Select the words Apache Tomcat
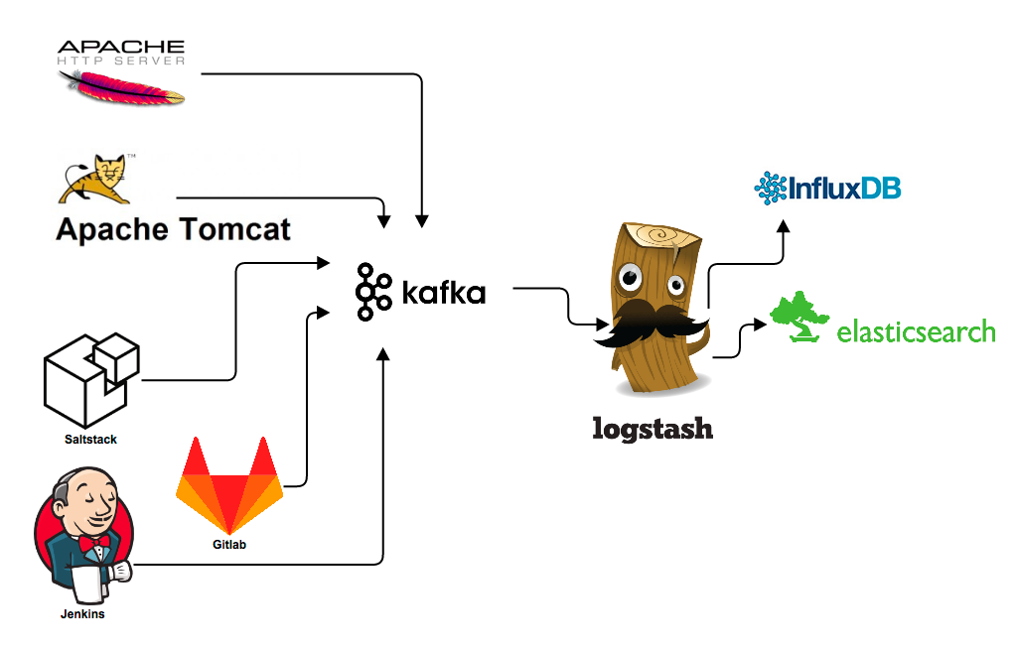[x=173, y=230]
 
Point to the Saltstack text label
[x=90, y=439]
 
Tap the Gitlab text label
[x=228, y=545]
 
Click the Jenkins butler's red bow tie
[x=98, y=542]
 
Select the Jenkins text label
[x=81, y=614]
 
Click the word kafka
[x=443, y=293]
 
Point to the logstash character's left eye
[x=630, y=279]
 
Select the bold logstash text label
[x=653, y=429]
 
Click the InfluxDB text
[x=844, y=187]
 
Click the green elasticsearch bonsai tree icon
[x=800, y=318]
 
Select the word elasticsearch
[x=916, y=330]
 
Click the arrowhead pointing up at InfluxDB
[x=783, y=226]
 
